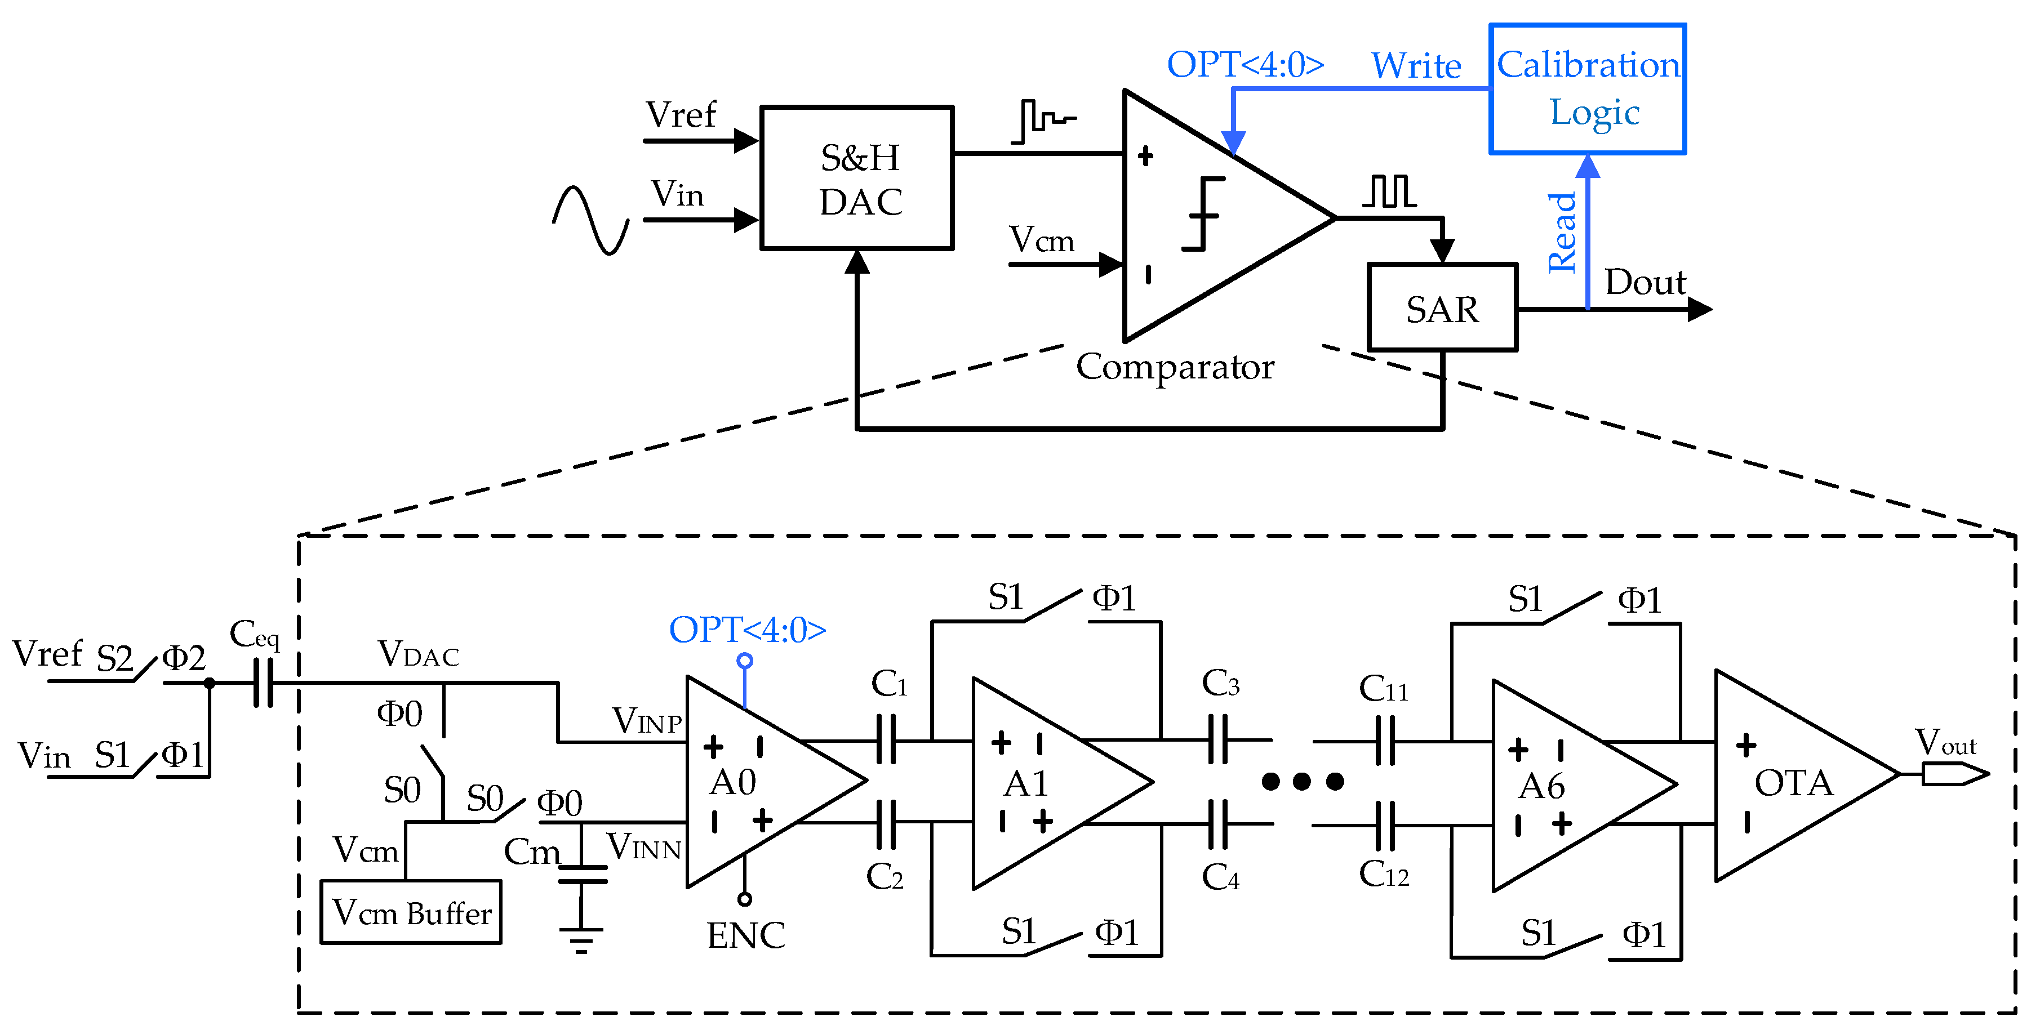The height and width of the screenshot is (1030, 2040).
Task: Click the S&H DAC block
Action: (x=856, y=178)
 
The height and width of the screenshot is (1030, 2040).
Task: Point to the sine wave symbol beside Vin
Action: (x=591, y=220)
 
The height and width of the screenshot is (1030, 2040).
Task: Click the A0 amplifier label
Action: (x=732, y=782)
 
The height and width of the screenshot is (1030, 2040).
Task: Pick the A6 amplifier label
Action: (x=1541, y=786)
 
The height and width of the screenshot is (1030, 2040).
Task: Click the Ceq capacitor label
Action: (x=254, y=635)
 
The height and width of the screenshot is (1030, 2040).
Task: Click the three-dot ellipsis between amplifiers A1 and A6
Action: (x=1302, y=782)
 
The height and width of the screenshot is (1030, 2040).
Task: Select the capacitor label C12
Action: (x=1384, y=874)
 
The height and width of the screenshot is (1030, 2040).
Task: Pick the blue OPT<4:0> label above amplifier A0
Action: (x=747, y=630)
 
